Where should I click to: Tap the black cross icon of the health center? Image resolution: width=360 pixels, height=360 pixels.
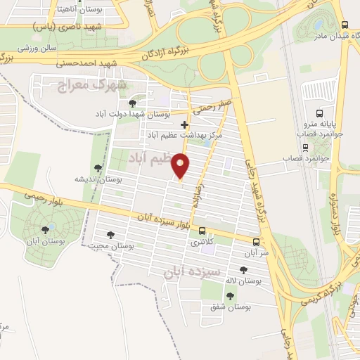pos(185,124)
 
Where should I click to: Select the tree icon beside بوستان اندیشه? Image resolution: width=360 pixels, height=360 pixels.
pos(98,169)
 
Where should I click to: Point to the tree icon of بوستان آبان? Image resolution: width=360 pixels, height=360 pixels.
pos(46,229)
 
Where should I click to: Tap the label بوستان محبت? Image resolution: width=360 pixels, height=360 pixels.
pos(112,246)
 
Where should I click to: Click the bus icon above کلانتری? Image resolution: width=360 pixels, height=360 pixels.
pos(202,231)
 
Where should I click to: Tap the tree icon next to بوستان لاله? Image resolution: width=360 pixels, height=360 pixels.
pos(243,270)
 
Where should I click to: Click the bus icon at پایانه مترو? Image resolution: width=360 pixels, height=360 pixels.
pos(320,112)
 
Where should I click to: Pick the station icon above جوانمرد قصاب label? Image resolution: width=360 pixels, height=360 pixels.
pos(304,147)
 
